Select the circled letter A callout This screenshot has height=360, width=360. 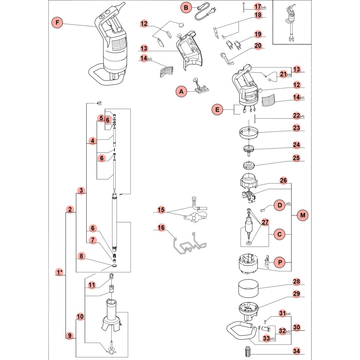click(181, 92)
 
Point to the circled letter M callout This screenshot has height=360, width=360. click(303, 215)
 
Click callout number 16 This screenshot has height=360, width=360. click(161, 227)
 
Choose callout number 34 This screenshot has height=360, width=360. click(296, 351)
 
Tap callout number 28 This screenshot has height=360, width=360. click(296, 282)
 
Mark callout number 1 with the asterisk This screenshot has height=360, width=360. click(59, 272)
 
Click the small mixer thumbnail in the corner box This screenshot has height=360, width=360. click(290, 23)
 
